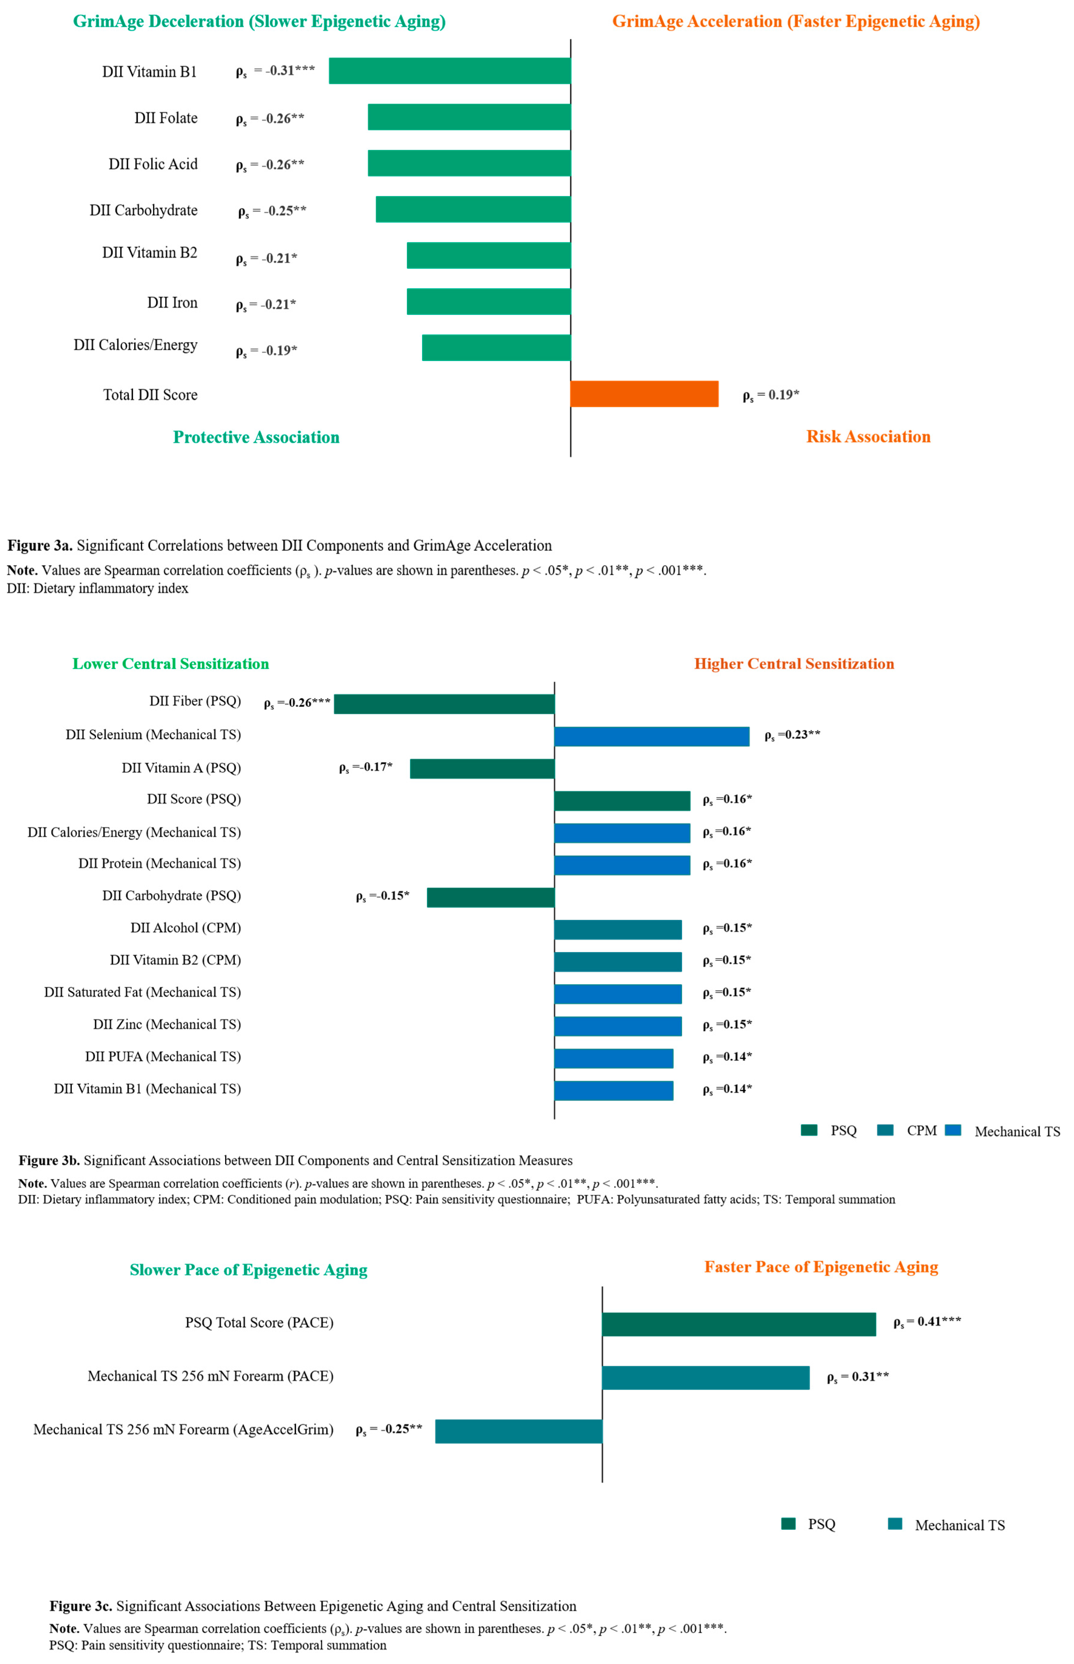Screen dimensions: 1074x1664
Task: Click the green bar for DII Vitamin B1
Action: coord(450,70)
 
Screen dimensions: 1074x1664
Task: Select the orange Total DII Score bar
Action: coord(644,393)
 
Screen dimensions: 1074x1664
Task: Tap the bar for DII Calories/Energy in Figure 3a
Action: coord(496,347)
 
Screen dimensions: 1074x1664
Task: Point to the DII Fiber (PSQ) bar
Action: coord(444,704)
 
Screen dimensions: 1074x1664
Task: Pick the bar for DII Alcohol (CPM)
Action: coord(618,929)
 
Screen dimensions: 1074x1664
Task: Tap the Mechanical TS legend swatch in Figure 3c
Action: coord(896,1524)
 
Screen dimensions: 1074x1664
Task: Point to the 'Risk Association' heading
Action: coord(868,437)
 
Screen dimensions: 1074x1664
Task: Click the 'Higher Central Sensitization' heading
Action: coord(794,664)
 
